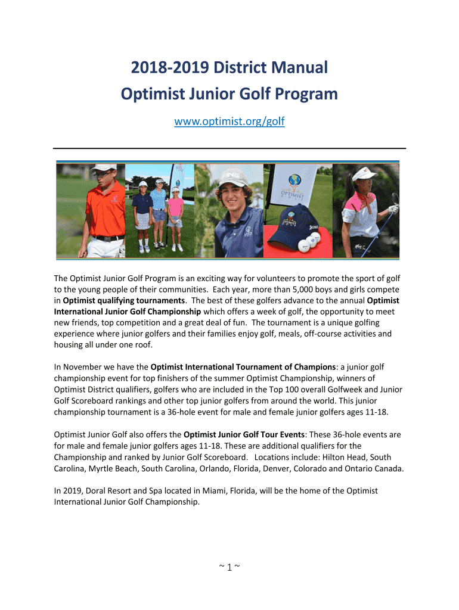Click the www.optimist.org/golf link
coord(229,122)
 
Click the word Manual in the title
coord(296,67)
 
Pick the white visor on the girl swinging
coord(365,174)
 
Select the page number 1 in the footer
coord(229,567)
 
